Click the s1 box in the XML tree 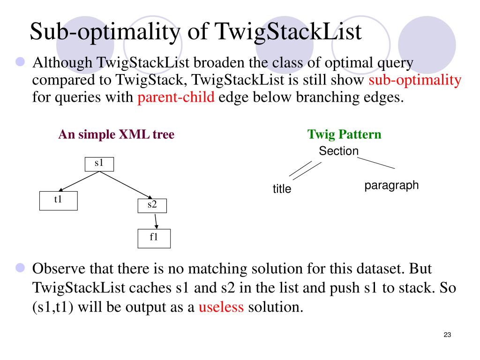click(99, 164)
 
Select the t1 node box click(59, 200)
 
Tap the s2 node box click(152, 205)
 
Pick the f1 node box click(154, 238)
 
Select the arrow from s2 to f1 click(155, 221)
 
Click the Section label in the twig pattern click(338, 151)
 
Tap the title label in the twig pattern click(282, 189)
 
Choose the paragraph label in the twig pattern click(391, 185)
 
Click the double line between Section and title click(305, 170)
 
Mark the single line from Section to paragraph click(376, 163)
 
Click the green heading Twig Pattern click(344, 135)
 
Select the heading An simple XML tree click(116, 135)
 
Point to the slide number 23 click(447, 335)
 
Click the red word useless click(221, 307)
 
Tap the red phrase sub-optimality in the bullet click(415, 80)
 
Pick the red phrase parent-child click(176, 97)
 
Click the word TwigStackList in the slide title click(288, 32)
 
